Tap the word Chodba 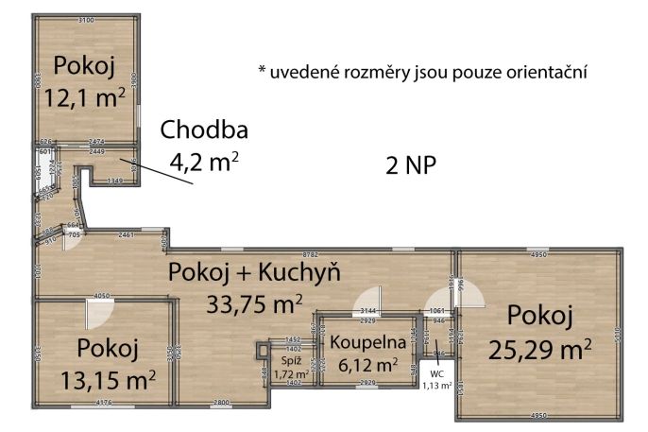[203, 130]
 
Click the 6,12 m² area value [365, 363]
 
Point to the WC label [435, 373]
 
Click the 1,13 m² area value [435, 385]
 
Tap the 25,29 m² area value [540, 349]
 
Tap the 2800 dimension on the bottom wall [220, 405]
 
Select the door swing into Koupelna [365, 304]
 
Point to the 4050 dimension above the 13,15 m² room [104, 294]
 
